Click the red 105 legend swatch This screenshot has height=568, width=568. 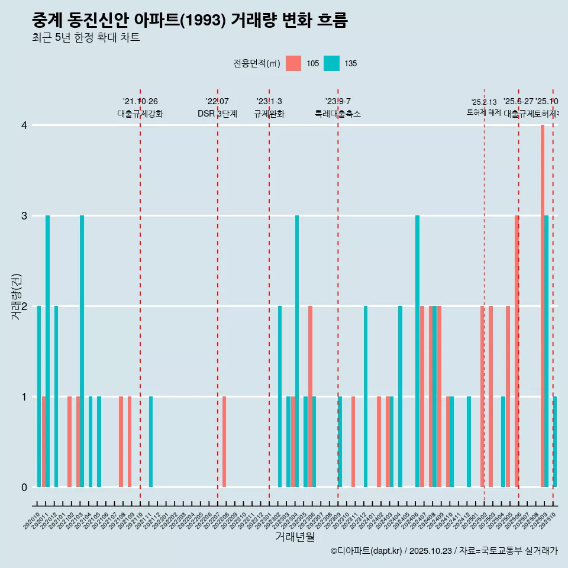pos(293,63)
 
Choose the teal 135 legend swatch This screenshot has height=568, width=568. pos(331,63)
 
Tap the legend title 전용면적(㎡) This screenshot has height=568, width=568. pos(256,63)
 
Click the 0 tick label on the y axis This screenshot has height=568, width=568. pos(24,487)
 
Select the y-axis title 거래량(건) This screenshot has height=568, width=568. pos(16,296)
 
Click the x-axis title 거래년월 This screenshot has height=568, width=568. pos(295,537)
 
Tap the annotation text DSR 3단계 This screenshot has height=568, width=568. pos(217,114)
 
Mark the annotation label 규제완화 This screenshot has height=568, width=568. pos(269,114)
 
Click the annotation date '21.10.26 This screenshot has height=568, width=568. pos(140,101)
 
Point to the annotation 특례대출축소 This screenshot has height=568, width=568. pos(338,114)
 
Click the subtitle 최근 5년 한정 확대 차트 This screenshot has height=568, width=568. pos(86,38)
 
